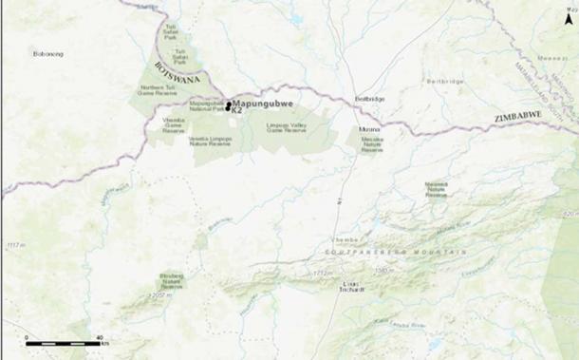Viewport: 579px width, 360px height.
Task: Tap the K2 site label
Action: coord(237,111)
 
